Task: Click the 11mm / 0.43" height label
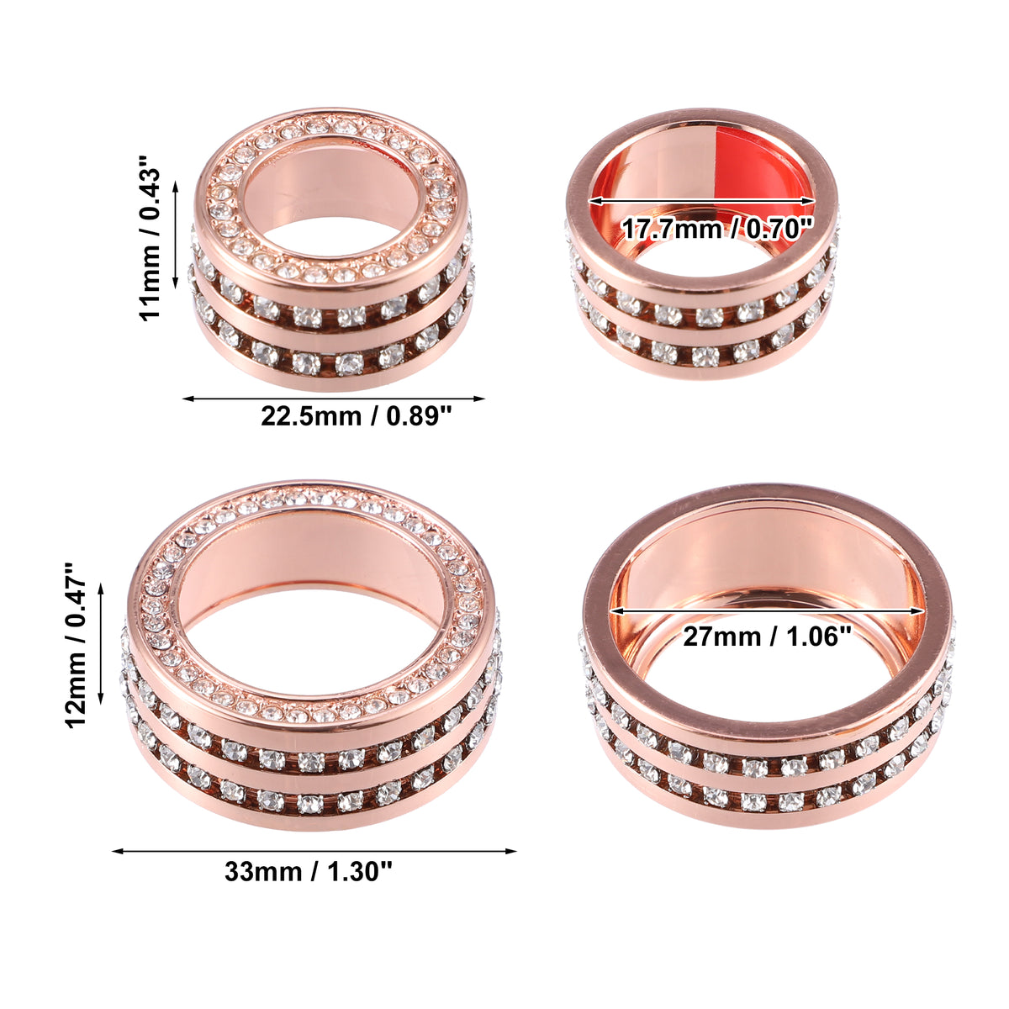(149, 237)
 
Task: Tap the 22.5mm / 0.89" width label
(356, 417)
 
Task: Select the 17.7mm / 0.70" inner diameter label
(717, 230)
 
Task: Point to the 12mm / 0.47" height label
(76, 646)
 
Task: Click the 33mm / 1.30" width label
(309, 872)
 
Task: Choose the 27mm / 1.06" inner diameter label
(767, 637)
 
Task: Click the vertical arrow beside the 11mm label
(176, 235)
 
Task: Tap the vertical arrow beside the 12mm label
(102, 645)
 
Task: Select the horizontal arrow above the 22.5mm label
(334, 399)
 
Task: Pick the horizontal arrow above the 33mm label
(314, 851)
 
